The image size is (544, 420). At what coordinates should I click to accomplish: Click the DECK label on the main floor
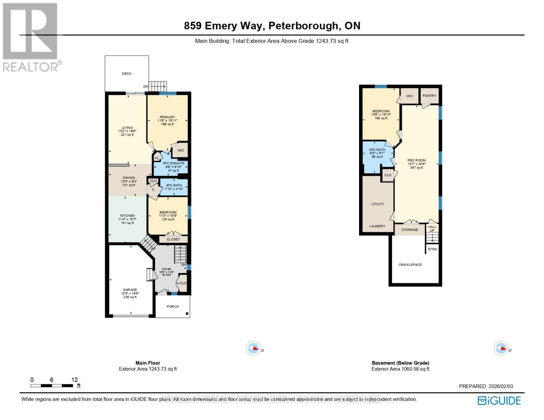point(126,74)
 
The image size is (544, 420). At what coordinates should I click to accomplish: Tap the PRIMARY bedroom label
point(167,117)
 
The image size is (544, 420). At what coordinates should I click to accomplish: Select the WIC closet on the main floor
point(180,150)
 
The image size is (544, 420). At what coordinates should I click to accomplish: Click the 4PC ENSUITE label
point(173,163)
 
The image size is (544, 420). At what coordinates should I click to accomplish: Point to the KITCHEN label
point(127,216)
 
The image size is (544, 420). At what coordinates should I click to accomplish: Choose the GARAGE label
point(130,290)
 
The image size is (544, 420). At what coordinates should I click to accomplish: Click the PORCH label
point(173,307)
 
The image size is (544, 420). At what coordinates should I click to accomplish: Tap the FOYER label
point(166,269)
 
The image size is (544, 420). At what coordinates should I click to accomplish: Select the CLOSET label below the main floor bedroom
point(173,239)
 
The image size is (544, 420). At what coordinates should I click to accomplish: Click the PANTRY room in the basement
point(429,96)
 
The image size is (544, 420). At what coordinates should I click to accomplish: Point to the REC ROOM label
point(416,161)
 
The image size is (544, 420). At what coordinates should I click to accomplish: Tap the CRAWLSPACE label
point(410,265)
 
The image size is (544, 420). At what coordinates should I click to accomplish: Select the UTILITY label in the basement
point(377,204)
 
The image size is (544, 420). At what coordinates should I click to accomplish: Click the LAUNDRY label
point(377,226)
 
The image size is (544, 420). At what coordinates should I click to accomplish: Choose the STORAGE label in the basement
point(409,230)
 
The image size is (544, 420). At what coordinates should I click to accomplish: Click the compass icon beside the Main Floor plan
point(253,349)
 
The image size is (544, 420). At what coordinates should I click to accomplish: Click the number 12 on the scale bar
point(74,380)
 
